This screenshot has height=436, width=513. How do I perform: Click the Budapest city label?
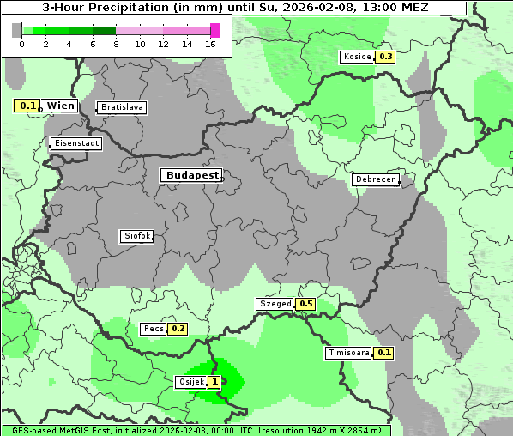pos(191,175)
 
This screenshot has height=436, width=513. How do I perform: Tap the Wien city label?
pos(60,106)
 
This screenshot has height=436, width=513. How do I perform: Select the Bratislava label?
pos(121,107)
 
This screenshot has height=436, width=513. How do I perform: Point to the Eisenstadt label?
pos(76,143)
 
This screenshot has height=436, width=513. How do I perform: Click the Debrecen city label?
pos(375,179)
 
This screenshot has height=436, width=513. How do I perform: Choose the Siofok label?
pos(136,236)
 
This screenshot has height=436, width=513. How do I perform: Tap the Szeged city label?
pos(275,304)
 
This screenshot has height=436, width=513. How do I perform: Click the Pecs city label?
pos(154,329)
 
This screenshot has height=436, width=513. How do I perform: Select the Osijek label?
pos(190,382)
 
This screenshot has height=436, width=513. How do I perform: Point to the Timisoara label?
pos(348,353)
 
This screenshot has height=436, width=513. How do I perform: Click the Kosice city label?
pos(356,57)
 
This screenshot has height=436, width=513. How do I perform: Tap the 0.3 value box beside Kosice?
pos(385,57)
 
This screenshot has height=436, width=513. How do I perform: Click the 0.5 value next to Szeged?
pos(305,304)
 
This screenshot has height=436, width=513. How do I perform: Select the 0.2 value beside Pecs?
pos(178,329)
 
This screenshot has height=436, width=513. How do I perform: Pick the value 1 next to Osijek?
pos(213,382)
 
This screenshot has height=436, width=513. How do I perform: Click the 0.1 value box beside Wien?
pos(28,106)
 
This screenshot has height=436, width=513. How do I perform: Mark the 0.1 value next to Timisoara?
pos(383,353)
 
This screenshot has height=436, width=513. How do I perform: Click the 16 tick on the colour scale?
pos(210,43)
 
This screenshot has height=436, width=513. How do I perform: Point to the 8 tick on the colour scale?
pos(116,43)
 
